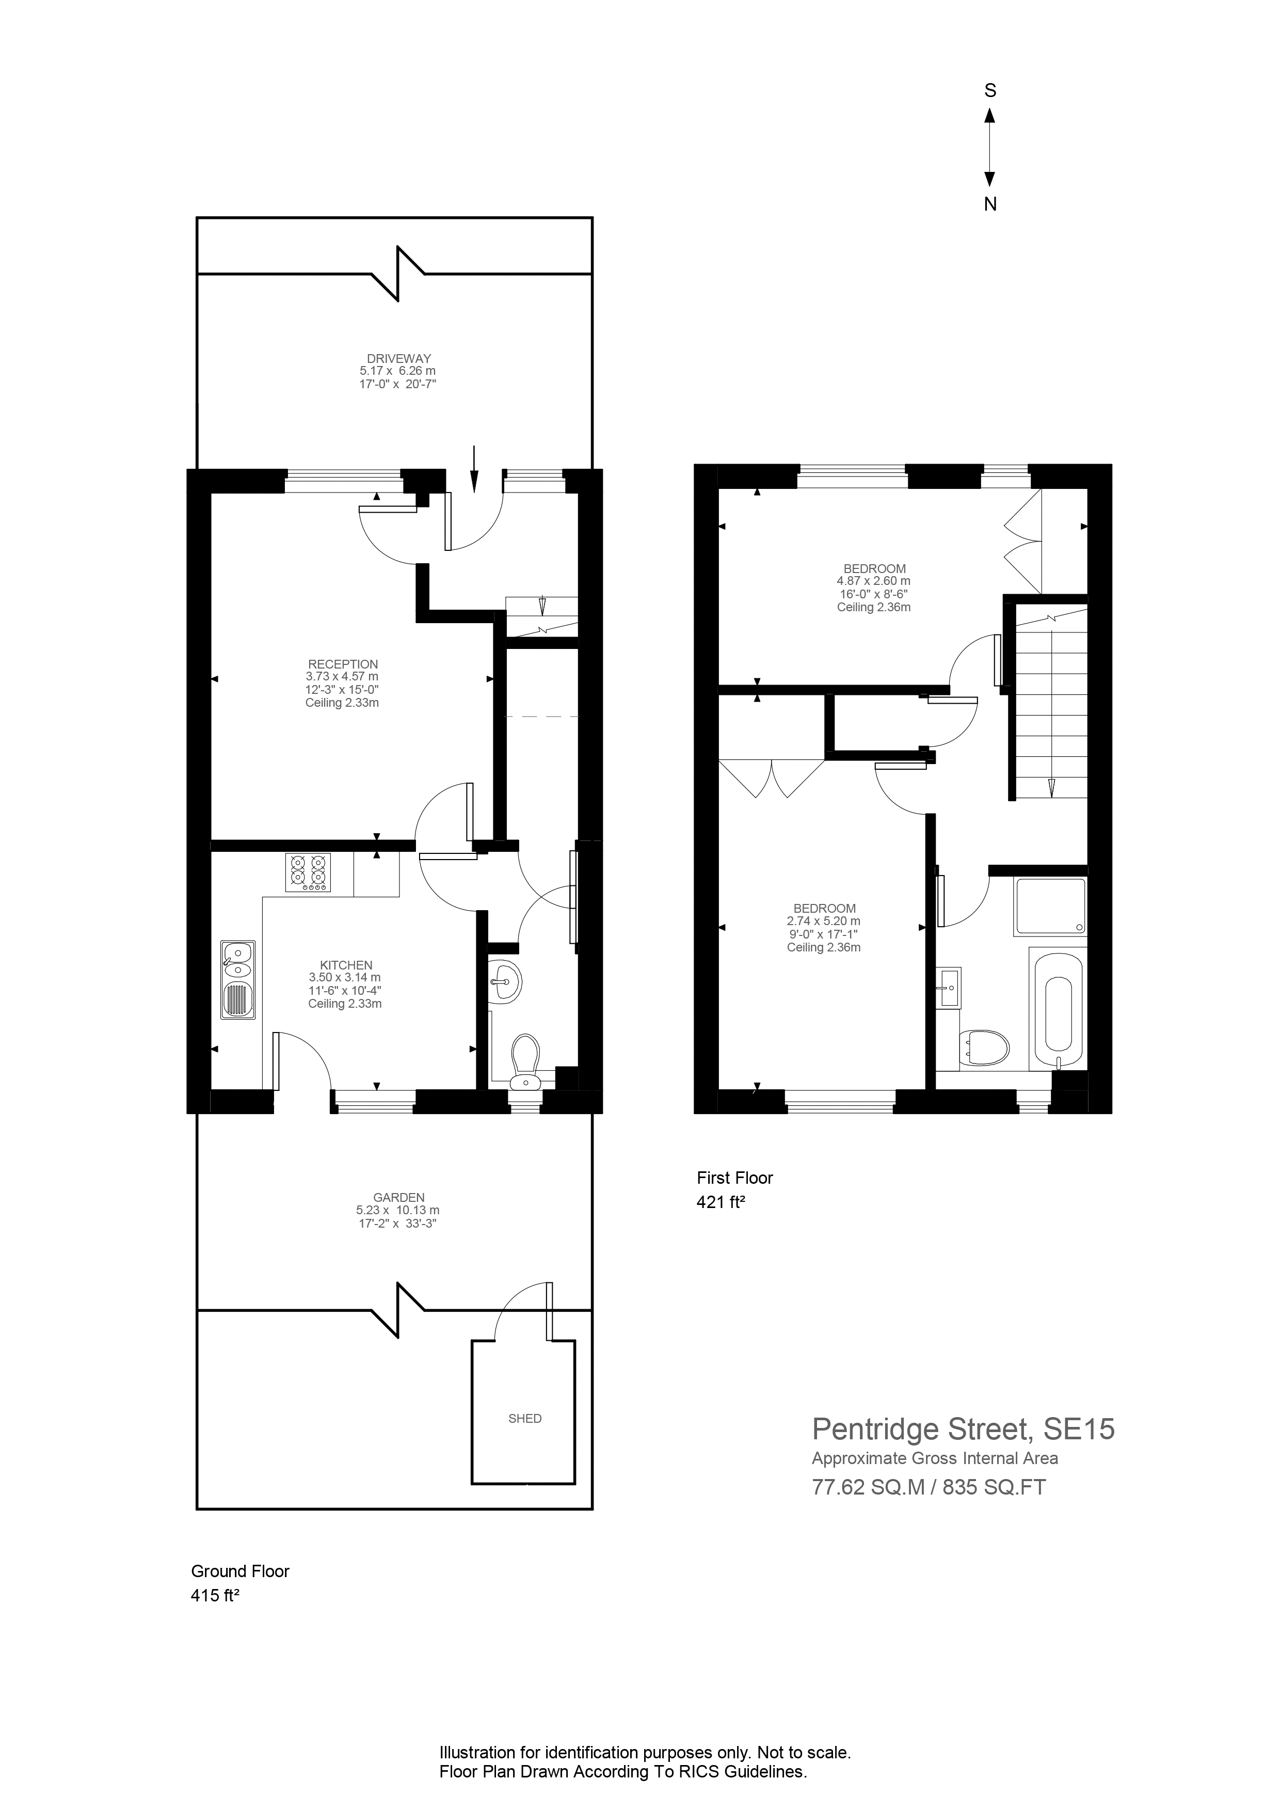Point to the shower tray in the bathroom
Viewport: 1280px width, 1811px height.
point(1050,907)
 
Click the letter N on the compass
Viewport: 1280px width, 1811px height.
point(990,204)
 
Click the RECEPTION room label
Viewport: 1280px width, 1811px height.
point(343,664)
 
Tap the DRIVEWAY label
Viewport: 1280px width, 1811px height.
point(398,358)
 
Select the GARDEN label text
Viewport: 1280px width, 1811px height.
point(398,1197)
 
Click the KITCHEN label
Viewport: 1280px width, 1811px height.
point(346,965)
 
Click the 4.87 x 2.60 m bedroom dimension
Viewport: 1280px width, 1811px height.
point(873,581)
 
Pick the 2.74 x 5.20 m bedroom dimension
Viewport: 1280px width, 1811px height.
point(823,920)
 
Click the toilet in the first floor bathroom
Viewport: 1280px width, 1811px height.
point(985,1047)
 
